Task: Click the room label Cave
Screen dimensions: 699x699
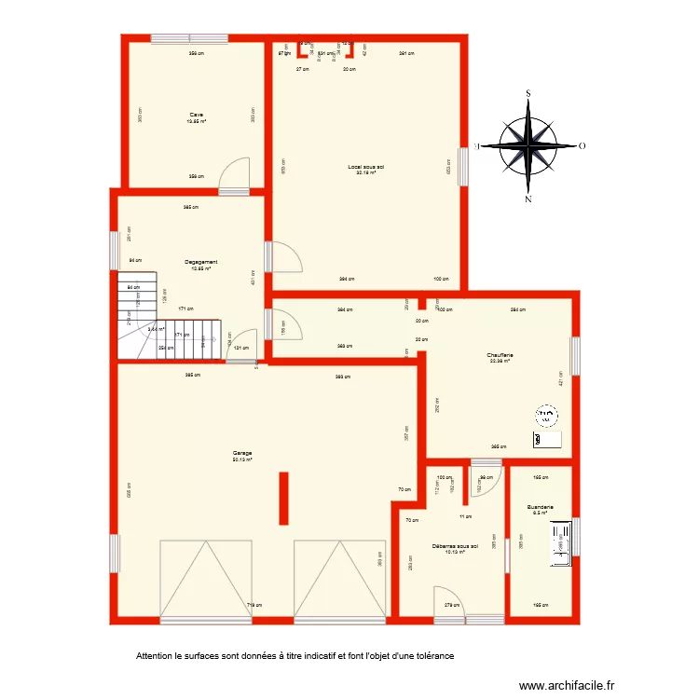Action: pyautogui.click(x=196, y=115)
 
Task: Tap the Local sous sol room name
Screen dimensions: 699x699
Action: pyautogui.click(x=366, y=167)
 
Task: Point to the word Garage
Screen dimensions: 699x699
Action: pyautogui.click(x=243, y=453)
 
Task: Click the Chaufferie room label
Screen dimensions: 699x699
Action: pyautogui.click(x=500, y=355)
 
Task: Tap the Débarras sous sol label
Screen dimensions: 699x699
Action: pyautogui.click(x=455, y=546)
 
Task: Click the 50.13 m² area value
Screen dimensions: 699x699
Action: pyautogui.click(x=243, y=459)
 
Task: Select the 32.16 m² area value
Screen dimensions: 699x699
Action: pyautogui.click(x=365, y=173)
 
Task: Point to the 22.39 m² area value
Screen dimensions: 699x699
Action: pyautogui.click(x=500, y=362)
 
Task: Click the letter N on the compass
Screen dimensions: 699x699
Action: pyautogui.click(x=528, y=199)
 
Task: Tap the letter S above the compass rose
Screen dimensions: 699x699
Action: pyautogui.click(x=528, y=93)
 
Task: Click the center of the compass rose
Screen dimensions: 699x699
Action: pyautogui.click(x=528, y=146)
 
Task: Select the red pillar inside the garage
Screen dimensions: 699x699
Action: pyautogui.click(x=283, y=499)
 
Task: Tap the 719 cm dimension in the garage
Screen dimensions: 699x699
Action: pyautogui.click(x=252, y=607)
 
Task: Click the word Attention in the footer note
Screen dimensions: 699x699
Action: pyautogui.click(x=155, y=655)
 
